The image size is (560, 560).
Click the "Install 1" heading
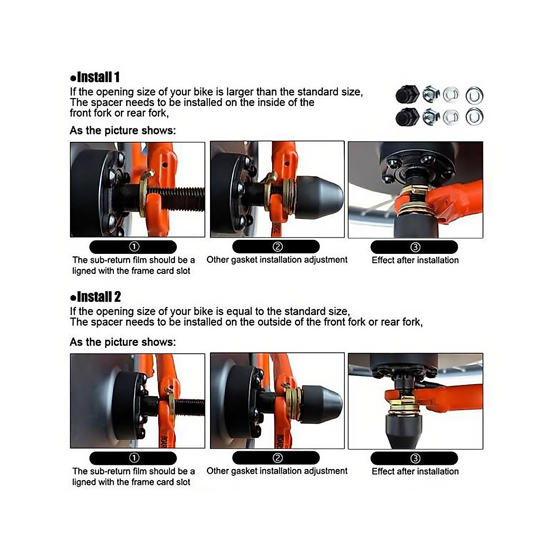coord(95,77)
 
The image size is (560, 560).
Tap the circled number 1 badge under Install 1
coord(133,247)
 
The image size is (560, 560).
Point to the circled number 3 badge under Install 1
coord(415,247)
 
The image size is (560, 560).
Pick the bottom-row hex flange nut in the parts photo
coord(431,117)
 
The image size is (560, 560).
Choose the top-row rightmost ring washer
coord(474,96)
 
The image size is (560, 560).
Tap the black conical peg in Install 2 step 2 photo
coord(322,404)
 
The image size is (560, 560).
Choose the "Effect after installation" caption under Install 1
coord(415,260)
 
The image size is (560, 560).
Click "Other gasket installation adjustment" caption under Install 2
coord(277,471)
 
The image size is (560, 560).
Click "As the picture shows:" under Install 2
coord(123,342)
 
